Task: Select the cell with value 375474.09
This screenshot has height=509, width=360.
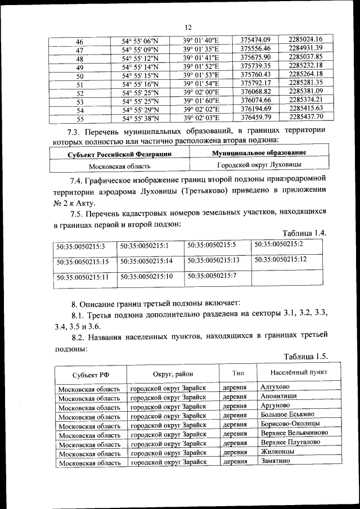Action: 255,39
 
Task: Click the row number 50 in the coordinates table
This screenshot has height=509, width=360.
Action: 79,76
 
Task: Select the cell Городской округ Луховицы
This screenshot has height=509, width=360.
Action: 259,165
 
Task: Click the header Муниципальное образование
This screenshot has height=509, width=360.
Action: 259,153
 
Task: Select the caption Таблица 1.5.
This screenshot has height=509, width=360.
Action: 305,357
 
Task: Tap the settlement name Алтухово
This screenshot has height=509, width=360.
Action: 275,388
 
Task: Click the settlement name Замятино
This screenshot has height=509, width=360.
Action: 275,461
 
